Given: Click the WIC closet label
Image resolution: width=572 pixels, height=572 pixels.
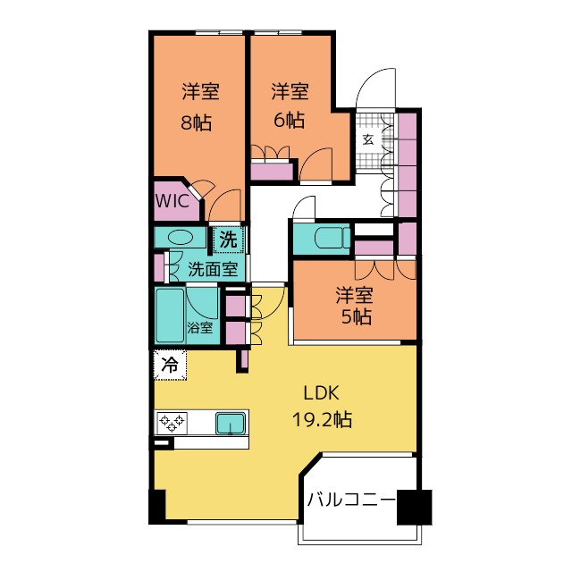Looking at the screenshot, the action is click(x=172, y=201).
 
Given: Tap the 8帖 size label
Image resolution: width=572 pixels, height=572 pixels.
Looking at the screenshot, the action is click(x=197, y=122).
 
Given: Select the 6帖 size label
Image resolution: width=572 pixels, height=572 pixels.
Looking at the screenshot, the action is click(x=290, y=120).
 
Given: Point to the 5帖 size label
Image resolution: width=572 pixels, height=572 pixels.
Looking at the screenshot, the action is click(x=357, y=316).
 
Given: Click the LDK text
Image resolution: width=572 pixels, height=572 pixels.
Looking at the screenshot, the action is click(x=322, y=393).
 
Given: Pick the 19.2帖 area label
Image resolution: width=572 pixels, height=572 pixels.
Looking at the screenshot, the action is click(x=322, y=419).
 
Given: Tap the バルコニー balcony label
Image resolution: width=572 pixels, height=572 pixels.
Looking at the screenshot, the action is click(x=351, y=500).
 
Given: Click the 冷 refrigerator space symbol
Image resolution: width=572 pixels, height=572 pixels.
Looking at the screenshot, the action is click(x=170, y=365).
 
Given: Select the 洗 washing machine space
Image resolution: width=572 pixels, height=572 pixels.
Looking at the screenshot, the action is click(x=229, y=240).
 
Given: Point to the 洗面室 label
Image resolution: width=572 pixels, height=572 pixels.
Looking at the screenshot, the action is click(x=213, y=269).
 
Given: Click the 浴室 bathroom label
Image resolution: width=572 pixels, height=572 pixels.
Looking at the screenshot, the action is click(x=200, y=327).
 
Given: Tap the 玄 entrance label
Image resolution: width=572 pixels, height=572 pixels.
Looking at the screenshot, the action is click(x=368, y=139).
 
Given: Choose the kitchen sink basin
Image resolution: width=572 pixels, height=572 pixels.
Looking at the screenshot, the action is click(x=231, y=424).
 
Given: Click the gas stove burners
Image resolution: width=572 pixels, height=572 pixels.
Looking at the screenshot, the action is click(x=172, y=423).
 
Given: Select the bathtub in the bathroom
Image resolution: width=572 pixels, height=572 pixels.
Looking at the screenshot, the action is click(x=170, y=315).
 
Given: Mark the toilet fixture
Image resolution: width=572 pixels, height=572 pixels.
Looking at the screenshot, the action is click(x=332, y=239).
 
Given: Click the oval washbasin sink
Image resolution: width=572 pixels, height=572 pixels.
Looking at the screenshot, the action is click(x=181, y=238).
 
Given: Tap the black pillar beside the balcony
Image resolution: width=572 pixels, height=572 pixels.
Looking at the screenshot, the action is click(x=415, y=507).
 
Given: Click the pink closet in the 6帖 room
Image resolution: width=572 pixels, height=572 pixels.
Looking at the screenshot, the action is click(x=272, y=172).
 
